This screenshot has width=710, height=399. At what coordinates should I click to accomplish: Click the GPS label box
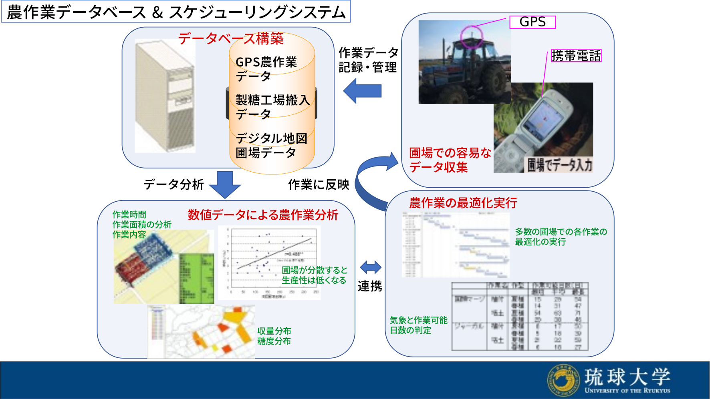point(532,22)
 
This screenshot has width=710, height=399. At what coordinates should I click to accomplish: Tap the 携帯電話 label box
point(576,56)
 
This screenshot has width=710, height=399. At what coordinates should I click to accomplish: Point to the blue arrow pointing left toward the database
point(362,91)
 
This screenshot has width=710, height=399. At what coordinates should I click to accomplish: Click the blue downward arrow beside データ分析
point(225,184)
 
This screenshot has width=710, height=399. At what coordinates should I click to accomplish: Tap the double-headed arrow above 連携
point(371,267)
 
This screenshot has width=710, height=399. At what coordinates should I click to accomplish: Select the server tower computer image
point(165,96)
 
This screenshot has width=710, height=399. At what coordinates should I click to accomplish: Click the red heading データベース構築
point(231,39)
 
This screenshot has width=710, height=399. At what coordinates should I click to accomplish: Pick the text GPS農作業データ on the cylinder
point(266,68)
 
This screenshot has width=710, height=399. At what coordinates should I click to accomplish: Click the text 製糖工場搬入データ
point(272,106)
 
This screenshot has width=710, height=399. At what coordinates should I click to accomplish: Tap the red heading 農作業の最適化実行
point(463,203)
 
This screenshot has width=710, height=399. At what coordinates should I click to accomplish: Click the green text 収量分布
point(274,331)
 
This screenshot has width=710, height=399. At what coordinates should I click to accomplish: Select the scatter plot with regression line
point(269,263)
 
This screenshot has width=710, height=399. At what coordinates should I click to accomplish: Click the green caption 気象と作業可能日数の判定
point(418,325)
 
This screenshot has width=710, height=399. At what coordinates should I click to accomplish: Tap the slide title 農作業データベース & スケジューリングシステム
point(176,12)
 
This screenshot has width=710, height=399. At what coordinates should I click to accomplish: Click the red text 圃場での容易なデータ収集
point(450,160)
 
